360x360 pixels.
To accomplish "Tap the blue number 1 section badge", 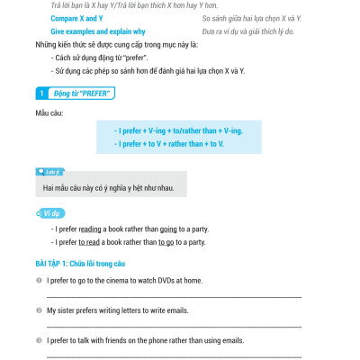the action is point(40,93).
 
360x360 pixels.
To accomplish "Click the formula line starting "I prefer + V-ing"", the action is point(178,130).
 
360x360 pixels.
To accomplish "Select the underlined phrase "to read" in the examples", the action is point(89,242).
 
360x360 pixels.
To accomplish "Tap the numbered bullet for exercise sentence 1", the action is point(40,281).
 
